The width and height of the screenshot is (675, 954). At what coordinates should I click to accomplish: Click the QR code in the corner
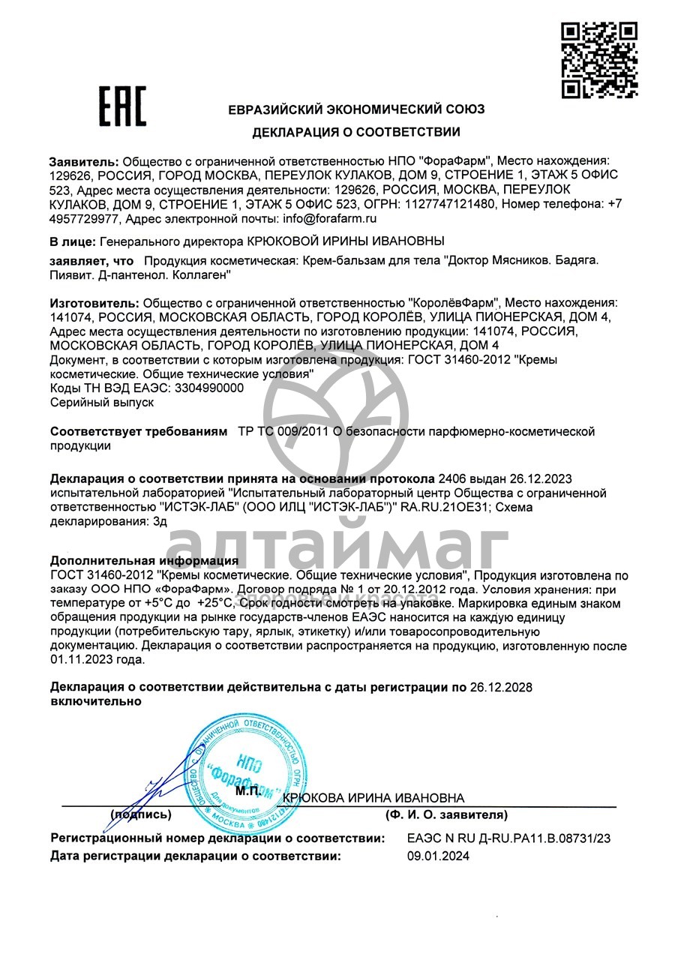tap(599, 60)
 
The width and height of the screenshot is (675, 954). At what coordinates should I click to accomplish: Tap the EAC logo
tap(123, 106)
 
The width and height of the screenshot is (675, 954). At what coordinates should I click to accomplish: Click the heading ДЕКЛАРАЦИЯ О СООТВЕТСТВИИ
tap(356, 133)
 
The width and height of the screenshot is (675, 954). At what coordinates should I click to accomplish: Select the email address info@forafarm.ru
tap(329, 219)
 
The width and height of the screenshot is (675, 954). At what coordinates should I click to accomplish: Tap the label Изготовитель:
tap(94, 303)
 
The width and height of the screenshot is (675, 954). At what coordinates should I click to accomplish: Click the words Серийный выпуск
tap(102, 403)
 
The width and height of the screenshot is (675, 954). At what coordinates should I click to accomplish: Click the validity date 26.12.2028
tap(501, 687)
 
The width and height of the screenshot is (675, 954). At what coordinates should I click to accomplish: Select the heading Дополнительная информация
tap(144, 561)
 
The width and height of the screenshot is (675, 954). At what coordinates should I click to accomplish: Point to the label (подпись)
tap(141, 814)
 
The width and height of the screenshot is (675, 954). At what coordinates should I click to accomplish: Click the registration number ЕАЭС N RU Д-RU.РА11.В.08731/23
tap(508, 838)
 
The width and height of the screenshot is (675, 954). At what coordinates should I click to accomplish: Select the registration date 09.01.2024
tap(438, 856)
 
